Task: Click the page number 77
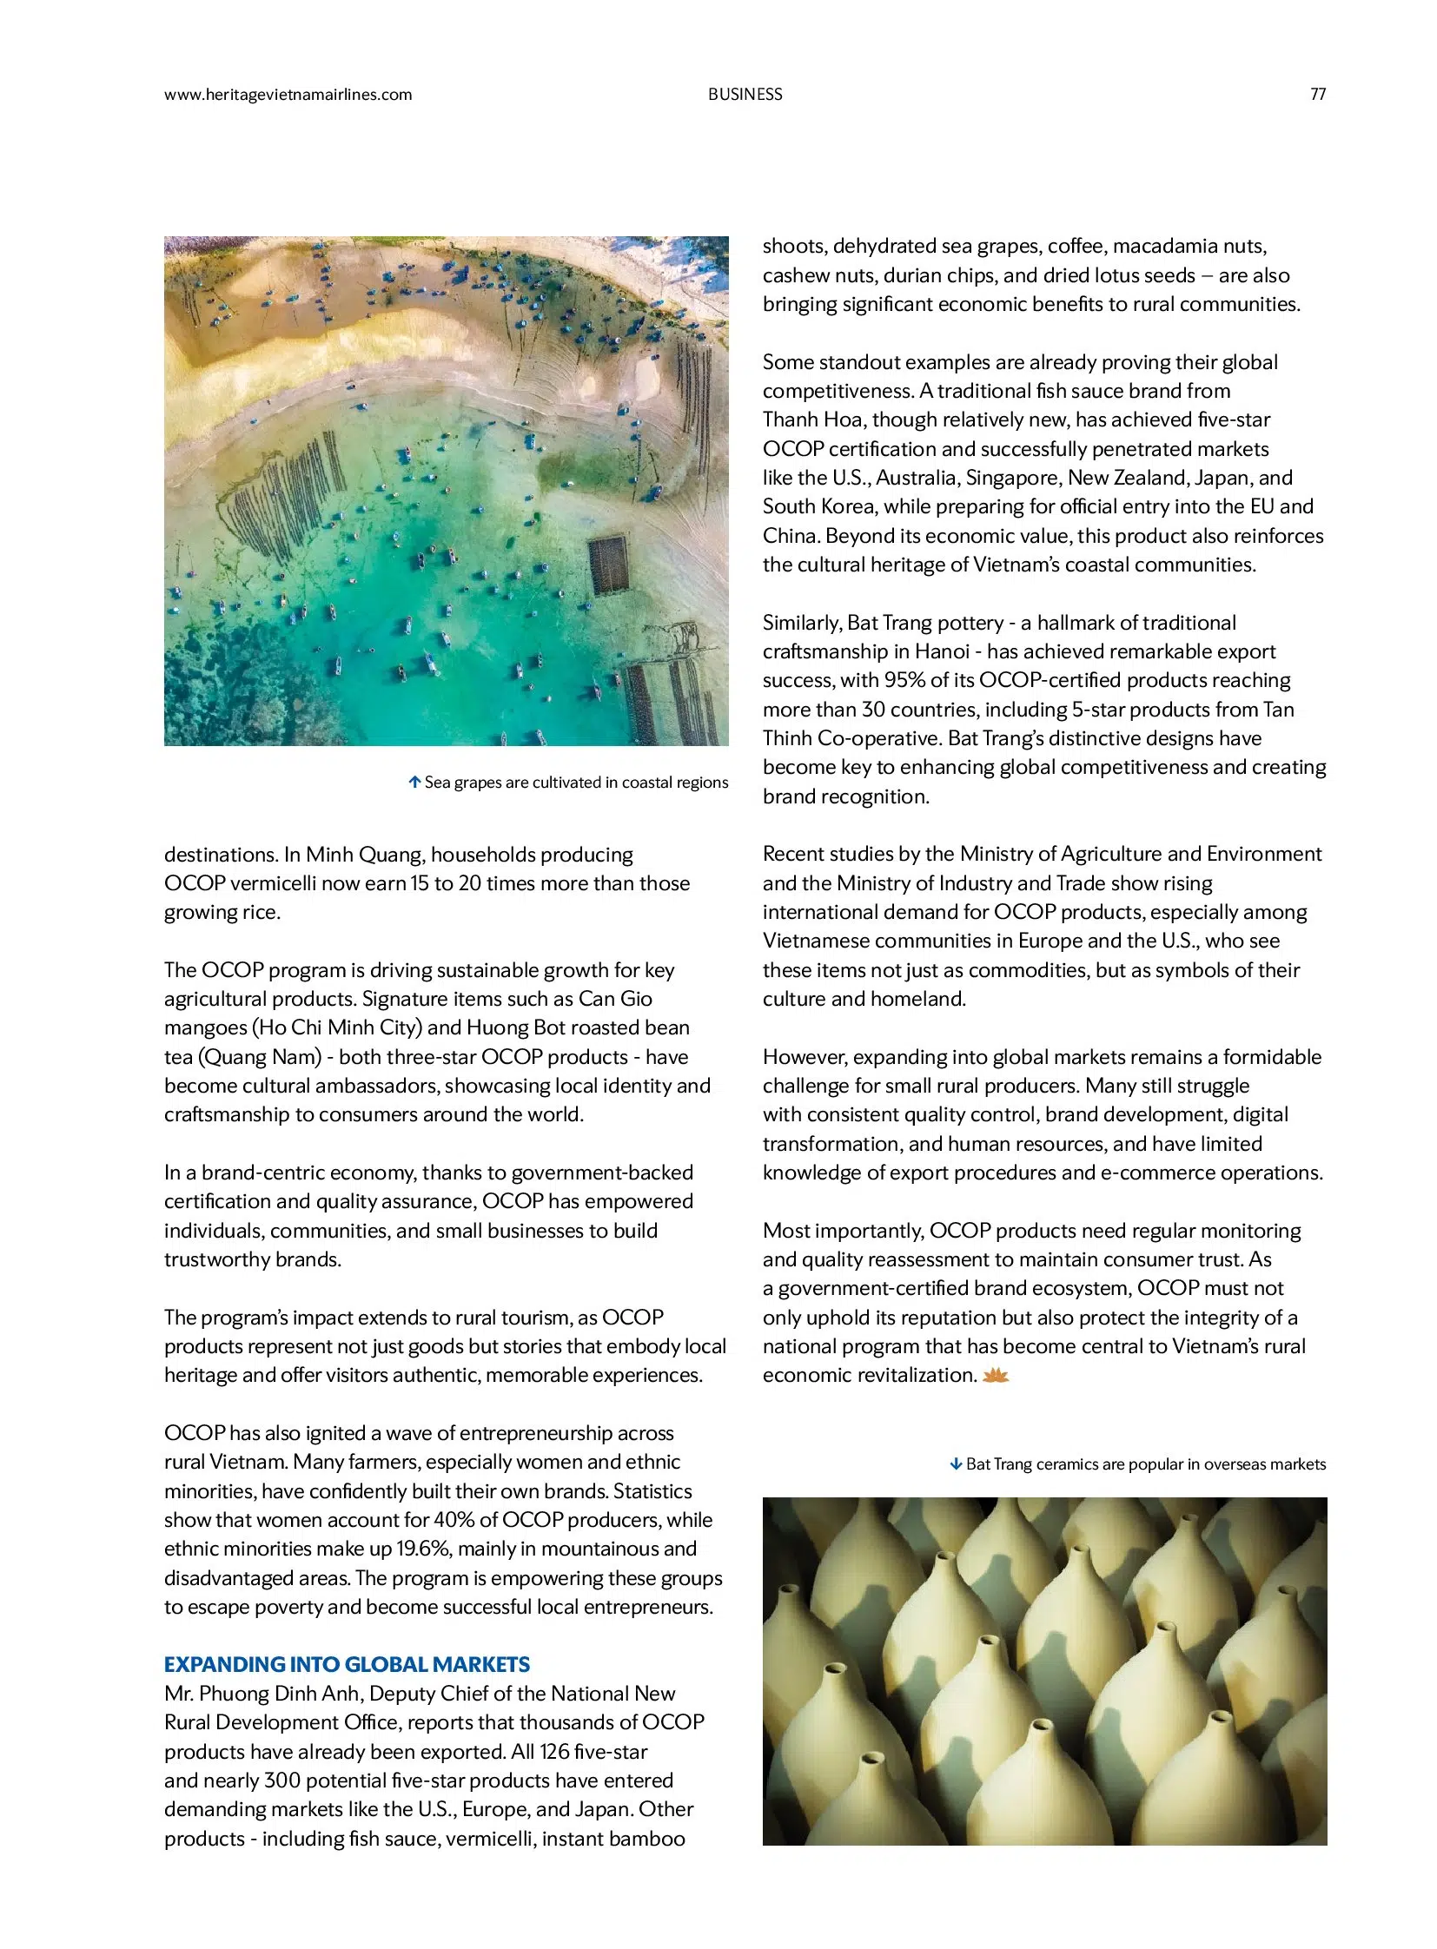[x=1317, y=95]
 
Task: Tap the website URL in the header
[x=288, y=95]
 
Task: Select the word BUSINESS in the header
[x=745, y=95]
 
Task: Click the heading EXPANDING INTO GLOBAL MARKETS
[x=346, y=1665]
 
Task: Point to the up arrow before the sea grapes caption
[x=415, y=782]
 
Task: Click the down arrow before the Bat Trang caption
[x=956, y=1464]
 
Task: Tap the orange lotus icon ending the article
[x=995, y=1376]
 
